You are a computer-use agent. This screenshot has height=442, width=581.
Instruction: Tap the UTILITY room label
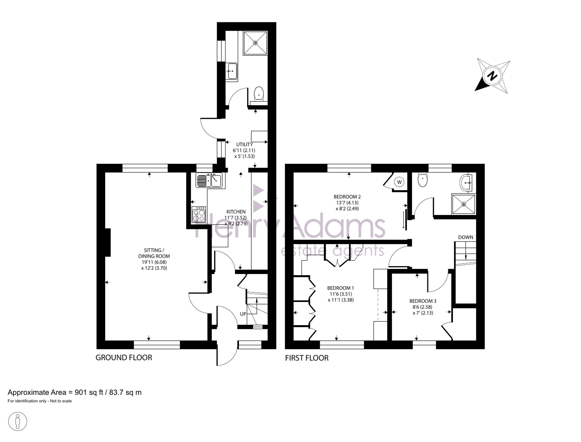(244, 144)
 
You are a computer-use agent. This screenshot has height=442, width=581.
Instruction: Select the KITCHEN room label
(236, 212)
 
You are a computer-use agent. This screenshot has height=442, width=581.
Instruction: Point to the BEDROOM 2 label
(347, 197)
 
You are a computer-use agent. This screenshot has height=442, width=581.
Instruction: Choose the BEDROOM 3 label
(423, 301)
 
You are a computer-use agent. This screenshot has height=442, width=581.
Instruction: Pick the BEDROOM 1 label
(340, 288)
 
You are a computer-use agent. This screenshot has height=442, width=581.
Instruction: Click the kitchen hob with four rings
(199, 215)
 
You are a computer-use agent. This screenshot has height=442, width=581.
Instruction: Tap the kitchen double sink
(209, 180)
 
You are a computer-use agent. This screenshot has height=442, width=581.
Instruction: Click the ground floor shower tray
(255, 43)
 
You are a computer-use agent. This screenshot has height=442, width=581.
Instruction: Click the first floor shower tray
(464, 204)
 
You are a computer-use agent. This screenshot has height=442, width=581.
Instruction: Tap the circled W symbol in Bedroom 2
(399, 182)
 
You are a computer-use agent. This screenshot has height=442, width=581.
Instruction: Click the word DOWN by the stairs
(466, 237)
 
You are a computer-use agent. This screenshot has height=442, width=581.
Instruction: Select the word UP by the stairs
(243, 314)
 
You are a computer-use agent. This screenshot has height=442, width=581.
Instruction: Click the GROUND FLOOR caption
(124, 357)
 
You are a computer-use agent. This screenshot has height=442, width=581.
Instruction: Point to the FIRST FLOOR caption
(307, 358)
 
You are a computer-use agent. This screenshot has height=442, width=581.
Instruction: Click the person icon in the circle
(18, 421)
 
